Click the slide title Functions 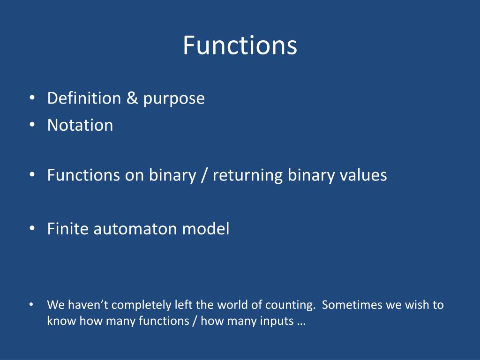(240, 45)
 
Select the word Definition (84, 98)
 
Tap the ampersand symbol (132, 98)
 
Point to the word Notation (80, 125)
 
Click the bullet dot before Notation (32, 125)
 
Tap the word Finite (67, 229)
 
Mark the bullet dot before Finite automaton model (32, 228)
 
